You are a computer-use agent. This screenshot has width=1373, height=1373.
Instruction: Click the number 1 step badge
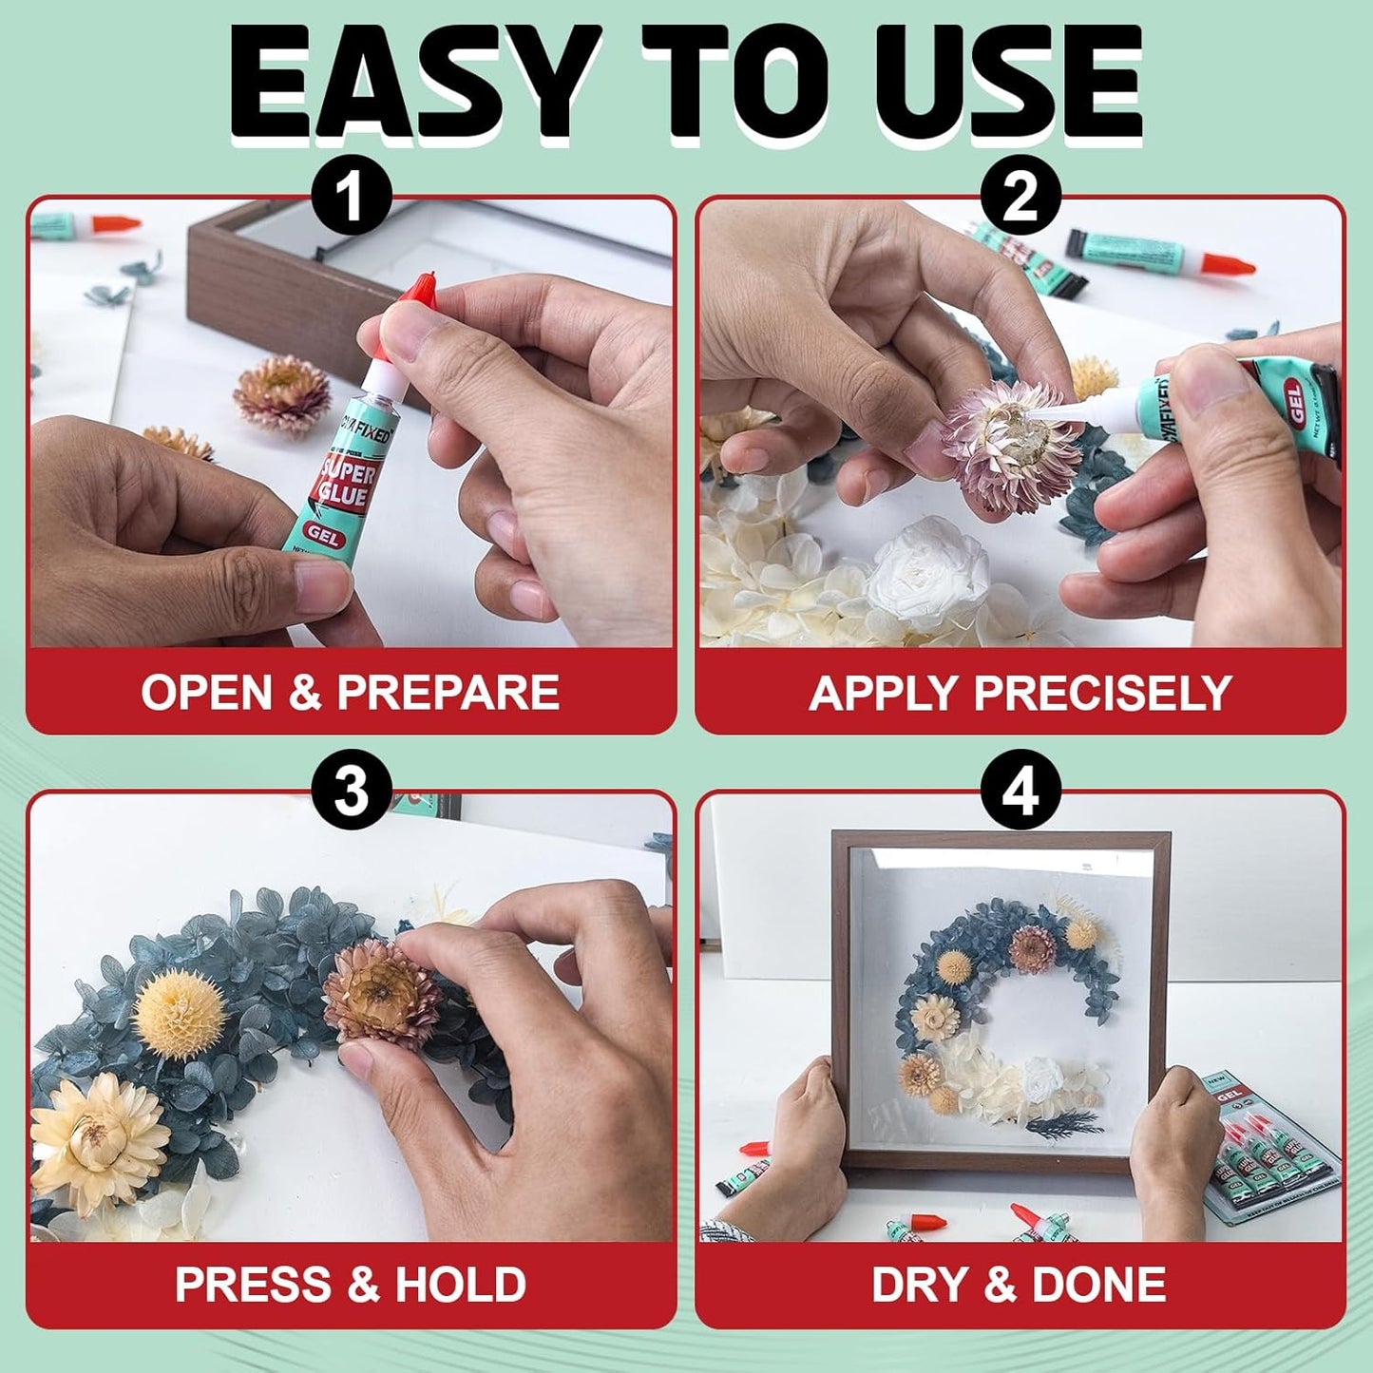tap(352, 199)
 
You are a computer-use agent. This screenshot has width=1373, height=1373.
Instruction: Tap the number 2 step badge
tap(1020, 199)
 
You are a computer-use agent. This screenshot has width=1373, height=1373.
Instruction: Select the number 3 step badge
tap(352, 791)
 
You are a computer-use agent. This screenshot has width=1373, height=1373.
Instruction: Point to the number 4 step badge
tap(1020, 791)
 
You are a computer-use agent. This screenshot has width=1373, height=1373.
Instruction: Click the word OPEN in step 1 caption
tap(206, 692)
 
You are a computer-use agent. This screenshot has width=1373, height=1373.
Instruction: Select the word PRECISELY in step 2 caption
tap(1102, 693)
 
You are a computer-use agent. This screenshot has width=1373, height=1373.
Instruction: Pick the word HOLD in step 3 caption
tap(460, 1285)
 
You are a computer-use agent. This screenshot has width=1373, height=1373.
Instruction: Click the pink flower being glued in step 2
tap(1009, 447)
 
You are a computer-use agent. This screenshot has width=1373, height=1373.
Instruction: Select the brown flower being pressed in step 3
tap(380, 993)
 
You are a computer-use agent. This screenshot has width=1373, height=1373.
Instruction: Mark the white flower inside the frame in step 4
tap(1042, 1079)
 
